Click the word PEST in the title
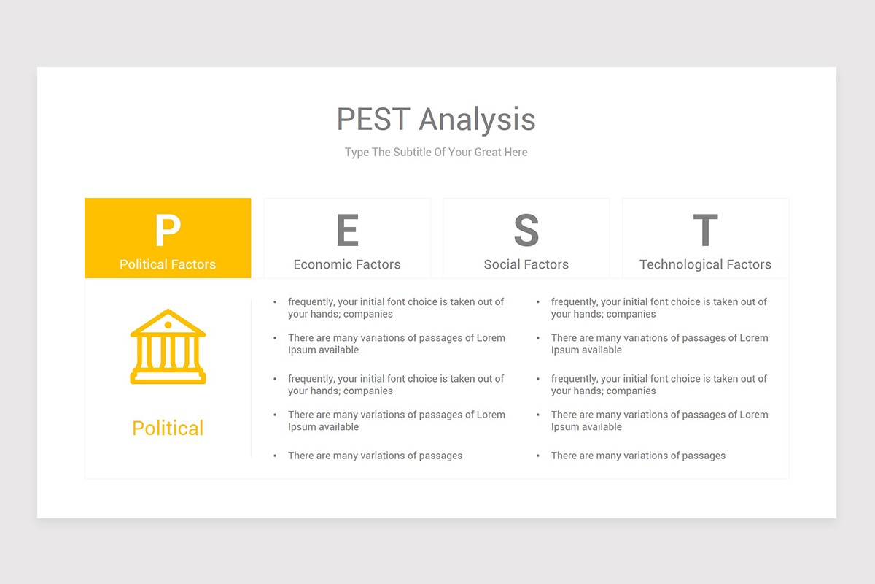pos(373,120)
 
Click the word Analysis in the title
pos(477,120)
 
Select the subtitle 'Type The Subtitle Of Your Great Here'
pos(436,152)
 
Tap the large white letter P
pos(168,230)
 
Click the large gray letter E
pos(347,230)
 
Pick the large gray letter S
pos(526,230)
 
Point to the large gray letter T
pos(705,230)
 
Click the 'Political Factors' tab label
pos(168,264)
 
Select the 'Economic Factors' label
pos(347,264)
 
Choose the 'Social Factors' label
pos(526,264)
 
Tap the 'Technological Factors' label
pos(705,264)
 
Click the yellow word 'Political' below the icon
pos(168,428)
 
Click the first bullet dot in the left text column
pos(275,301)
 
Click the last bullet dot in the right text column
pos(538,456)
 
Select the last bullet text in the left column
pos(375,456)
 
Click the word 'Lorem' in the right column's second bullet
pos(753,338)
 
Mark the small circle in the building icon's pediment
pos(168,325)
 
